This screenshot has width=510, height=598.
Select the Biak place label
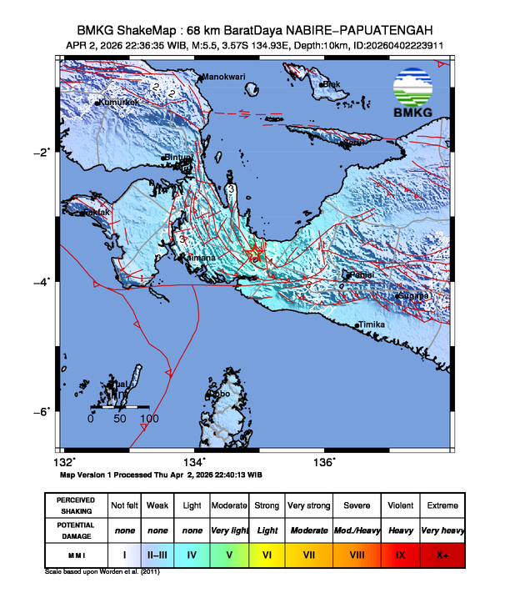332,83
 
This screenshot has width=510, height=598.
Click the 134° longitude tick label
194,462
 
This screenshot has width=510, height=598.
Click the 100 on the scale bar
148,419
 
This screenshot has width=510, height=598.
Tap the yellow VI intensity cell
267,555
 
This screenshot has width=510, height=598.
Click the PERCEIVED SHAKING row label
77,505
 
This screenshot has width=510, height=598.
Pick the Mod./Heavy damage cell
353,530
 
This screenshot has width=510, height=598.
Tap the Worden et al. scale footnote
102,572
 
